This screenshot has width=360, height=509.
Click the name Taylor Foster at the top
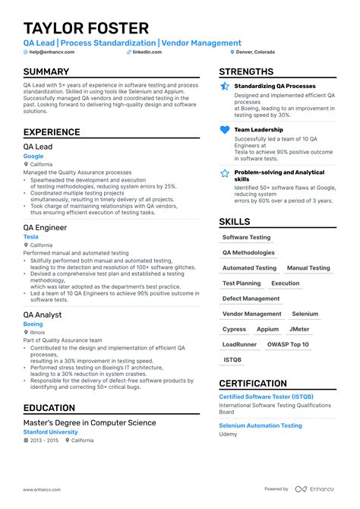(86, 28)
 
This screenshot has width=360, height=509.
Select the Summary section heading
(46, 72)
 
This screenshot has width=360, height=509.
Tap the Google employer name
(33, 156)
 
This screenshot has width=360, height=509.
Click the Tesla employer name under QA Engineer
(30, 237)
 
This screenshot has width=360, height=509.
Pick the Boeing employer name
(33, 324)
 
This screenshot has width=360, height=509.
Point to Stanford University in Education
(51, 432)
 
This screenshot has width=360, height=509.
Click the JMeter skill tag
(299, 329)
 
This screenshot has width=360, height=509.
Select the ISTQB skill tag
(232, 359)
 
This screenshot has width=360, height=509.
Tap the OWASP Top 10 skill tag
(289, 344)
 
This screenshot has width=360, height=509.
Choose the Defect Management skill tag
(251, 299)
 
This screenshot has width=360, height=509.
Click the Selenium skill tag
(305, 314)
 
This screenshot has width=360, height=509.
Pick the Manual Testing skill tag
(308, 268)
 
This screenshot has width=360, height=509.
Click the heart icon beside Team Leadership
(225, 130)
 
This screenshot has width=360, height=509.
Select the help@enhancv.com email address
(46, 52)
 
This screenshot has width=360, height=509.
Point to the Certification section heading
(253, 384)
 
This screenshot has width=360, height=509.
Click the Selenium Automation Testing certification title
(261, 425)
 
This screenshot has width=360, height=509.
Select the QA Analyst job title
(43, 315)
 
